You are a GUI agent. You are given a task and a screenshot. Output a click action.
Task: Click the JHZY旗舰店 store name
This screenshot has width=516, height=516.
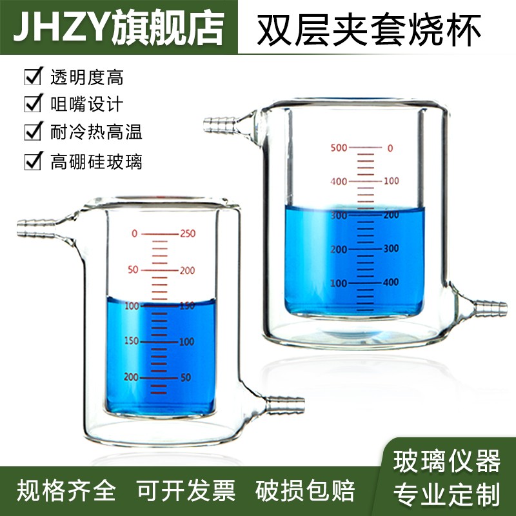pos(119,27)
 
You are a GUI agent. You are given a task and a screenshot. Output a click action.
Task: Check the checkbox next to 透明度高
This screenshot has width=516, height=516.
pos(32,79)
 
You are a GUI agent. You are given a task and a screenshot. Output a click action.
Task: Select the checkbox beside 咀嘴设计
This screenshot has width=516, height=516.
pos(32,104)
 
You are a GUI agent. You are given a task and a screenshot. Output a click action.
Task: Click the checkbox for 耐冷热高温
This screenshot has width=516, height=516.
pos(32,133)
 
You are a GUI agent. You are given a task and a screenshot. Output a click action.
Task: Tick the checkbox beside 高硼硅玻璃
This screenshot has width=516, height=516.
pos(32,161)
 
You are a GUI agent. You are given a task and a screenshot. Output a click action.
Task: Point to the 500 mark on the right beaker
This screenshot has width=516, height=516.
pos(339,148)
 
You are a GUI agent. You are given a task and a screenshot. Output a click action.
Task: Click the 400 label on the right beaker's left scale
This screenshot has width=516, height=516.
pos(339,181)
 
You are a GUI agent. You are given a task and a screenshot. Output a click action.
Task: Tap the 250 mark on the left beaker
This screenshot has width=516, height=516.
pos(187,233)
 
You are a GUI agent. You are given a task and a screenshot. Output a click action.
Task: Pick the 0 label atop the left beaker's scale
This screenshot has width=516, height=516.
pos(134,233)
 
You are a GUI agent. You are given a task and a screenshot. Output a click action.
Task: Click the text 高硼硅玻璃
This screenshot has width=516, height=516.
pos(96,161)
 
